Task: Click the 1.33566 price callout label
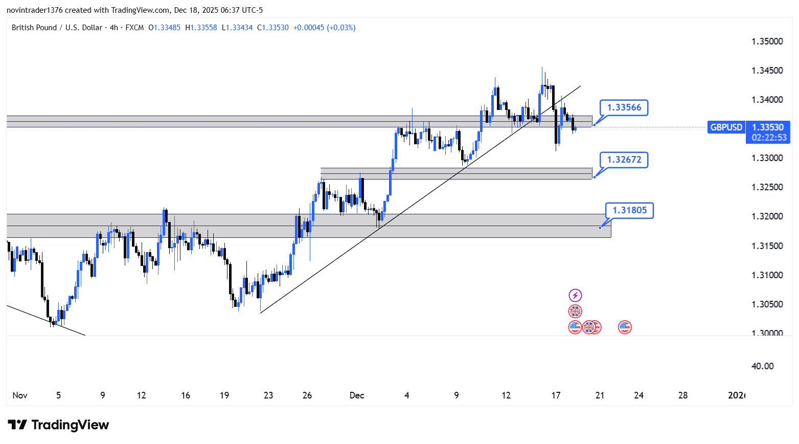click(624, 107)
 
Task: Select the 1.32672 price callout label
click(624, 160)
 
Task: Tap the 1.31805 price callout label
click(629, 210)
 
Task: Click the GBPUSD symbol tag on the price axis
click(726, 127)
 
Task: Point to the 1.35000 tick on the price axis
click(767, 41)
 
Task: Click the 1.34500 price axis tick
click(767, 71)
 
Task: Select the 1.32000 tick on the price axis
click(767, 216)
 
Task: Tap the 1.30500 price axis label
click(767, 304)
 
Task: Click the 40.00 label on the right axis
click(762, 366)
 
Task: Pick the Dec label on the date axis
click(357, 395)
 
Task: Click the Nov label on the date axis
click(20, 395)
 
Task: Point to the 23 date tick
click(268, 395)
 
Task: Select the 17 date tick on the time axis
click(556, 395)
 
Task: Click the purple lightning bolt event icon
click(575, 295)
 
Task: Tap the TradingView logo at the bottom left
click(58, 425)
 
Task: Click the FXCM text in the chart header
click(134, 28)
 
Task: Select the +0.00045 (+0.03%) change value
click(324, 28)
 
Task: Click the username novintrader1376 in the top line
click(34, 10)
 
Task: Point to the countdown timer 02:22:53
click(769, 138)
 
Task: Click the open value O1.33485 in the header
click(164, 28)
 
